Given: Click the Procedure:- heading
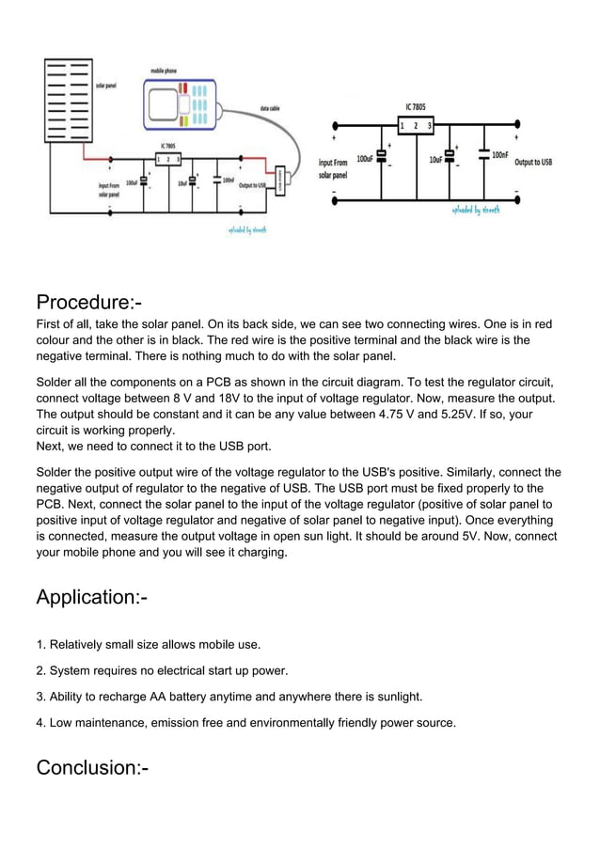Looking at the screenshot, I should (88, 303).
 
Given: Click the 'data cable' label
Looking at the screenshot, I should (273, 109).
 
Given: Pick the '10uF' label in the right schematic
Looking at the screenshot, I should (436, 160).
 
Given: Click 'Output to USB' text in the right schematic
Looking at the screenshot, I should (533, 162).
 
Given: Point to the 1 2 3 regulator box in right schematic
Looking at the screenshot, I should (416, 125).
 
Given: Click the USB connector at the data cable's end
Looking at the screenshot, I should (279, 181).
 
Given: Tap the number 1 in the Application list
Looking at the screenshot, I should (40, 645).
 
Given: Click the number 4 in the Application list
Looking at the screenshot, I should (40, 723).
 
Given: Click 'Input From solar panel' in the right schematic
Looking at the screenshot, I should (333, 168).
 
